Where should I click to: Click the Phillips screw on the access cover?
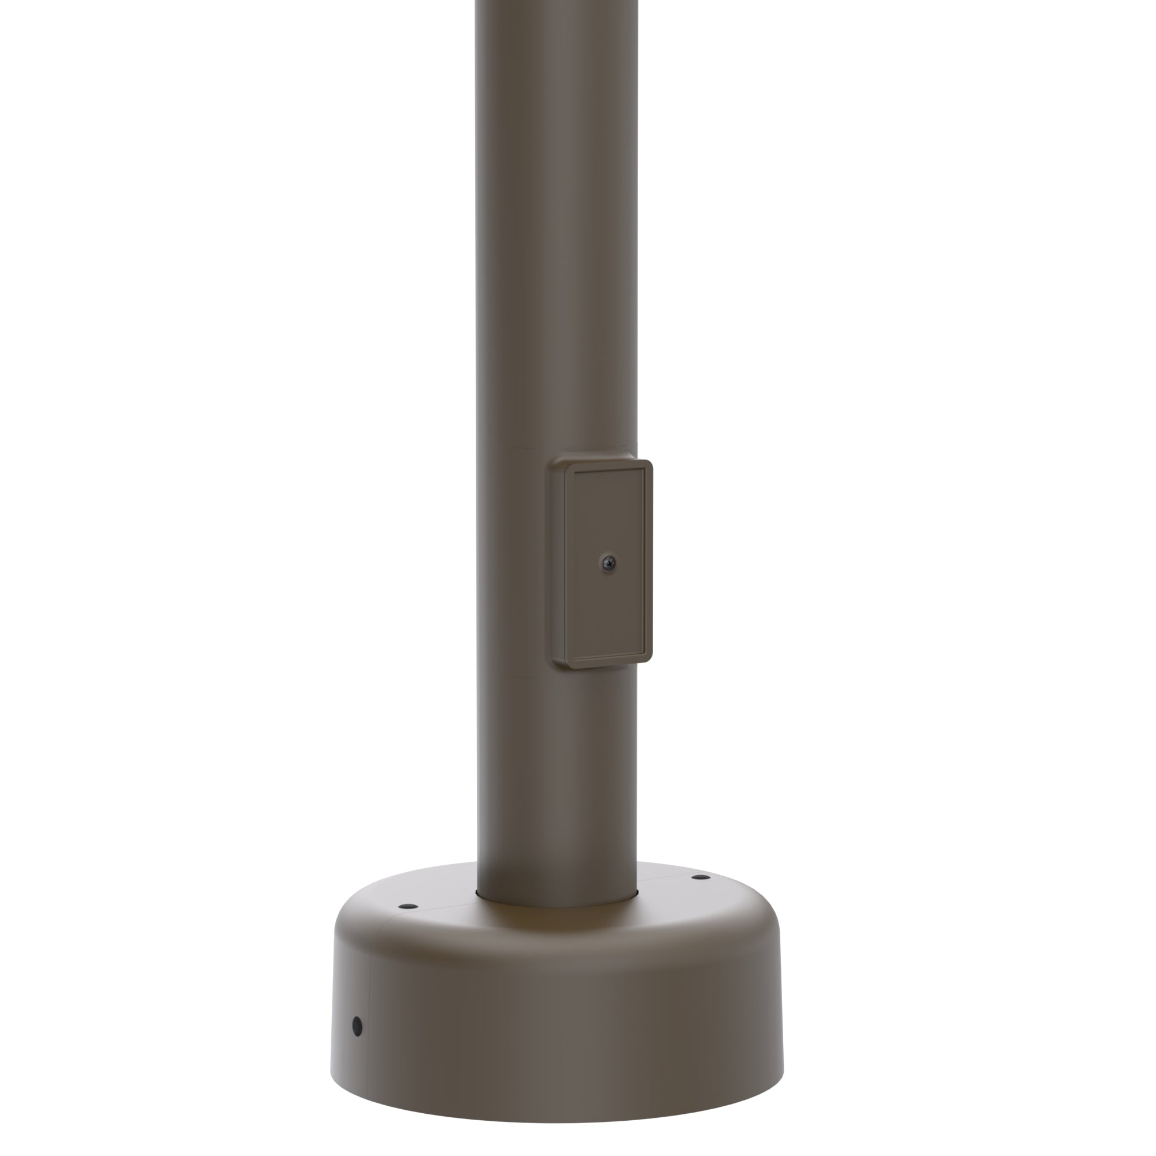(x=608, y=562)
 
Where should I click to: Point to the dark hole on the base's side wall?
(x=357, y=1026)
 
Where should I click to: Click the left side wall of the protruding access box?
(x=558, y=562)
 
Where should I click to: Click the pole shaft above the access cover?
(x=557, y=239)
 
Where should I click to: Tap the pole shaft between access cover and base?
(x=557, y=778)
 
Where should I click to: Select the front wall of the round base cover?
(x=557, y=1017)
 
